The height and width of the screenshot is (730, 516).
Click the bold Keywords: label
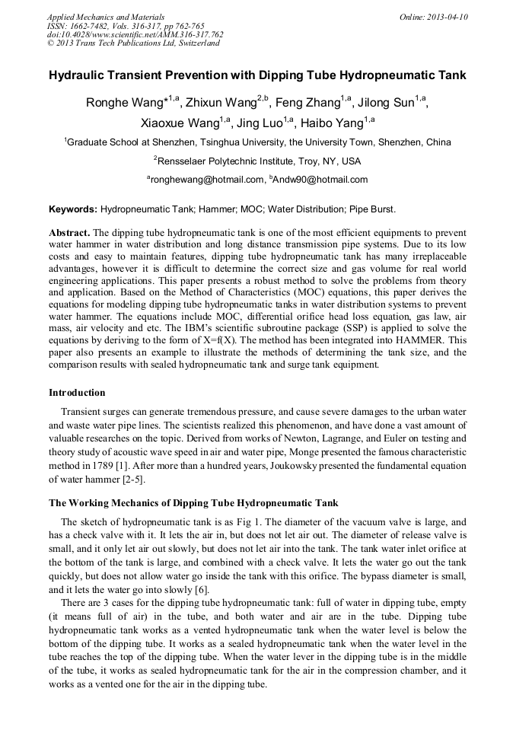click(x=73, y=209)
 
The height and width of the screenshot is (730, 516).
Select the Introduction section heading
click(x=77, y=393)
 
